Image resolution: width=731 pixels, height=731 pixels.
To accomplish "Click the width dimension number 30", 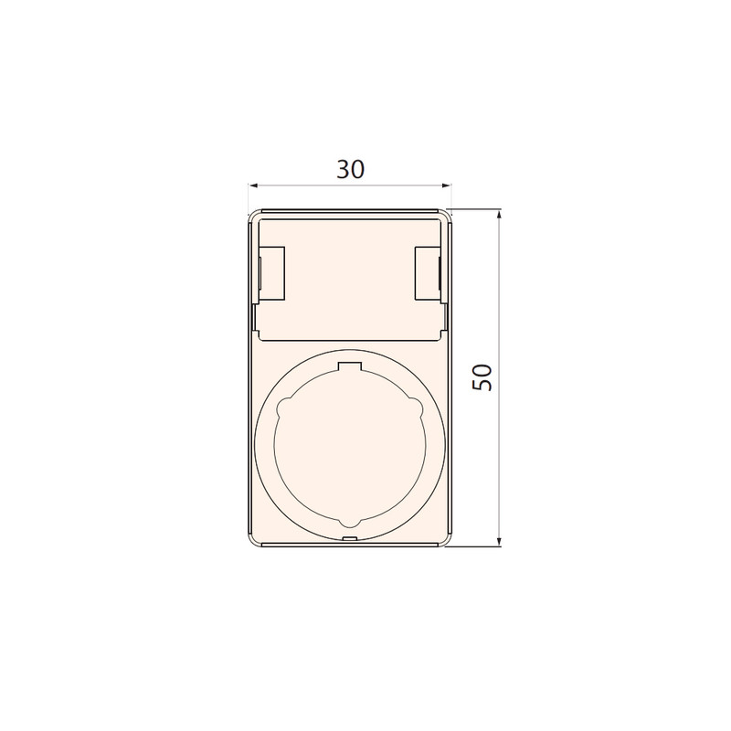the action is [351, 169].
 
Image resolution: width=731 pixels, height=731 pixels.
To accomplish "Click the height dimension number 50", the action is [482, 377].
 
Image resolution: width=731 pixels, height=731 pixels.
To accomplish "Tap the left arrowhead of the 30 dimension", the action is [253, 186].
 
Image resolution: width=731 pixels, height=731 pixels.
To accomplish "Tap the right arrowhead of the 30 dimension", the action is [446, 186].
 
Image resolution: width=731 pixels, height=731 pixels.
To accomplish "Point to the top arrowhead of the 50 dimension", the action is [499, 215].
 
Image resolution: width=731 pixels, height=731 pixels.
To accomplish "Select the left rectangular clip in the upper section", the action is [270, 272].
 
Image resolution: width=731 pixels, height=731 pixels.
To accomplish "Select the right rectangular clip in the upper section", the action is [428, 272].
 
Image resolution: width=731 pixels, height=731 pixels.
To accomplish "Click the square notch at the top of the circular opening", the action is [350, 367].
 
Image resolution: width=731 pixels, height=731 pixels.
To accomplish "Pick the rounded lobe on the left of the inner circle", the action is [282, 408].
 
